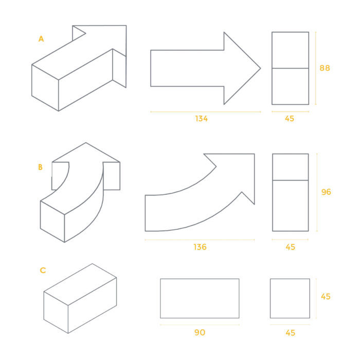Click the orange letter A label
[41, 39]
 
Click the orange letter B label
[40, 167]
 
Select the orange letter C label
[43, 270]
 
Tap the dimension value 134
[202, 119]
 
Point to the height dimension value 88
[325, 68]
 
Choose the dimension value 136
[200, 247]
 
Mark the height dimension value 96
[326, 192]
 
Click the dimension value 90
[200, 333]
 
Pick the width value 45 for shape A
[290, 119]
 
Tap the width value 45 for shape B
[291, 247]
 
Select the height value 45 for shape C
[326, 297]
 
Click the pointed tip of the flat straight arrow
[261, 68]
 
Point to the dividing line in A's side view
[291, 68]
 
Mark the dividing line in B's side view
[291, 180]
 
